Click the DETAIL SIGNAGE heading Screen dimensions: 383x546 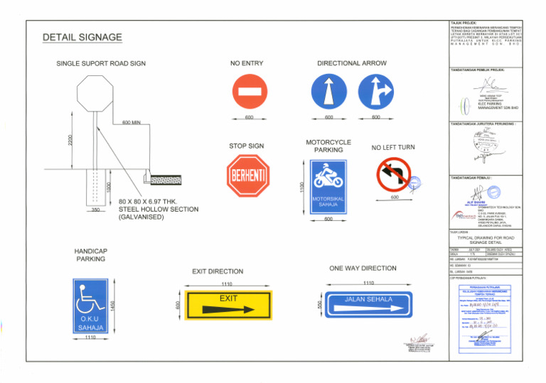coord(82,38)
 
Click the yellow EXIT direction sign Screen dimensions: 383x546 coord(228,303)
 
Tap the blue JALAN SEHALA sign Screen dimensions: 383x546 coord(369,303)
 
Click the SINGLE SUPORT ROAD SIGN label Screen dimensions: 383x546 coord(101,64)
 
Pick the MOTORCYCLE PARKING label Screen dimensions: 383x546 coord(328,146)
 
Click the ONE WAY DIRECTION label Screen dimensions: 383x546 coord(363,269)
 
